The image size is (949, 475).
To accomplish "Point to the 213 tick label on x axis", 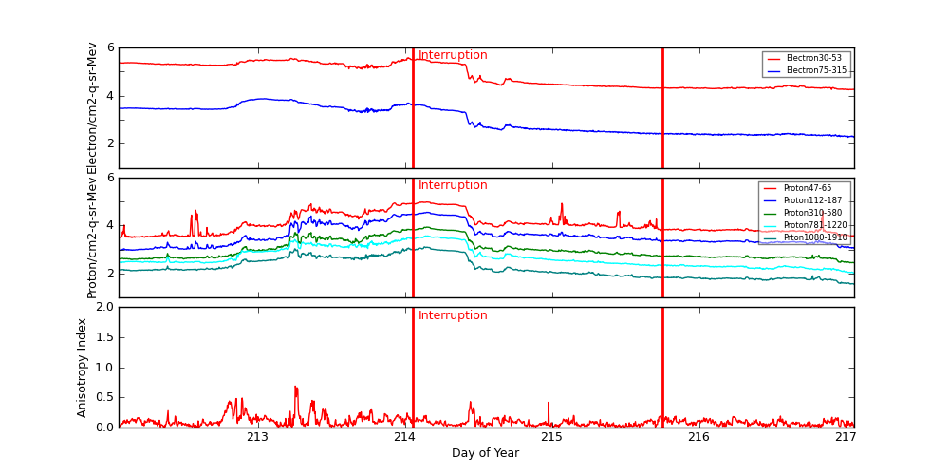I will coord(257,437).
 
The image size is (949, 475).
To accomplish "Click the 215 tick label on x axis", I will coord(551,437).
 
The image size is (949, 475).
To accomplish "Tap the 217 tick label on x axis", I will coord(846,437).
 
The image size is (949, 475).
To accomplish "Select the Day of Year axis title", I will coord(485,453).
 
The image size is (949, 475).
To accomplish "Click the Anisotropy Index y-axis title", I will coord(83,368).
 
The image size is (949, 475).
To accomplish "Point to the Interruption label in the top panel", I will coord(453,56).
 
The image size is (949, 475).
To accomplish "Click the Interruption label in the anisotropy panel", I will coord(453,316).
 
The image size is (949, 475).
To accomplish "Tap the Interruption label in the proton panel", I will coord(453,186).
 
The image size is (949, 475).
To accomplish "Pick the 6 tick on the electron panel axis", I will coord(111,47).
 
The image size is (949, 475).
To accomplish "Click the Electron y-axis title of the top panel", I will coord(92,108).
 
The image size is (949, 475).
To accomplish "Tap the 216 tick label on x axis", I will coord(698,437).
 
